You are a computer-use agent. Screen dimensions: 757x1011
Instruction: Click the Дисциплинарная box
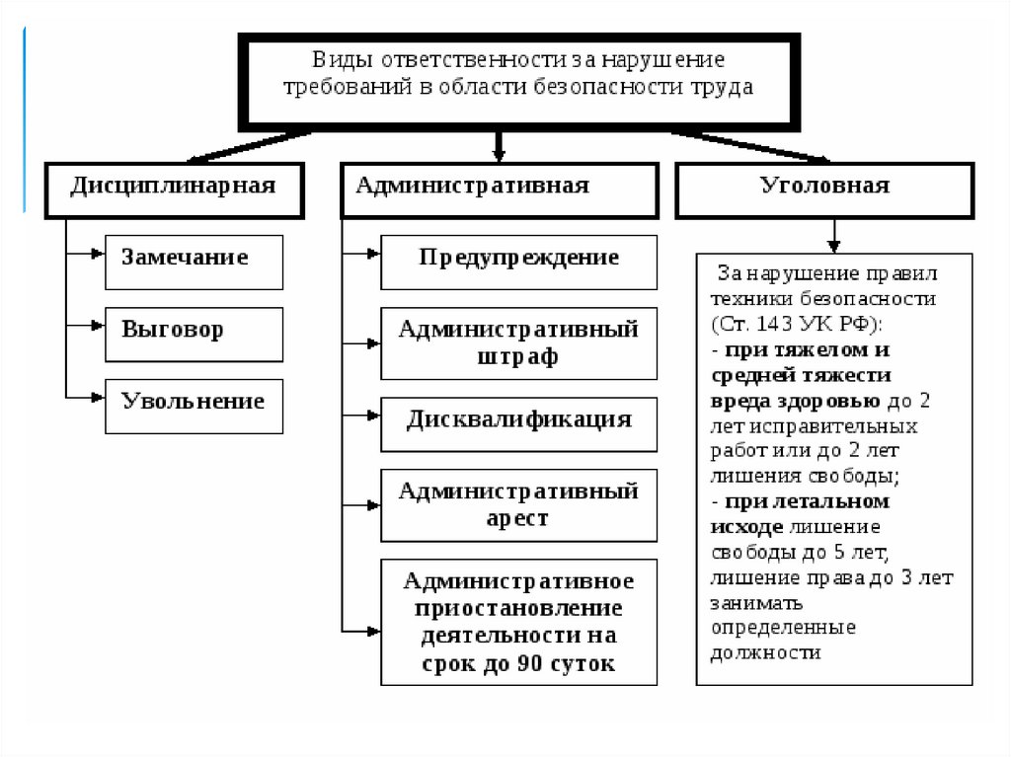click(x=172, y=188)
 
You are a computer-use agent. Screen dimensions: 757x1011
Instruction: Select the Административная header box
click(x=499, y=188)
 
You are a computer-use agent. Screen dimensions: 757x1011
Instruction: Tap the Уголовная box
click(x=825, y=188)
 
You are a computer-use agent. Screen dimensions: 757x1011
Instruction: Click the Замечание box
click(x=194, y=261)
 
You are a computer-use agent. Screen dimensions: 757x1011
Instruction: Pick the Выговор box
click(x=194, y=333)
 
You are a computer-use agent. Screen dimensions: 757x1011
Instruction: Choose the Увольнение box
click(x=194, y=404)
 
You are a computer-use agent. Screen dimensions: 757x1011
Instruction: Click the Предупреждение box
click(x=518, y=261)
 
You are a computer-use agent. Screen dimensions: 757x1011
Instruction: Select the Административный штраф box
click(x=518, y=342)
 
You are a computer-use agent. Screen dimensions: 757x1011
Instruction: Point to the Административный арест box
click(x=518, y=504)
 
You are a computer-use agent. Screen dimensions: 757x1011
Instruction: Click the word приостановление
click(x=518, y=607)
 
